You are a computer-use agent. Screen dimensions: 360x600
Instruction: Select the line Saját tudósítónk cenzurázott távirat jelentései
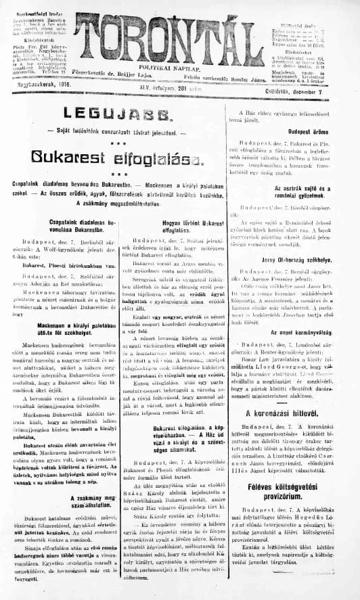[115, 129]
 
